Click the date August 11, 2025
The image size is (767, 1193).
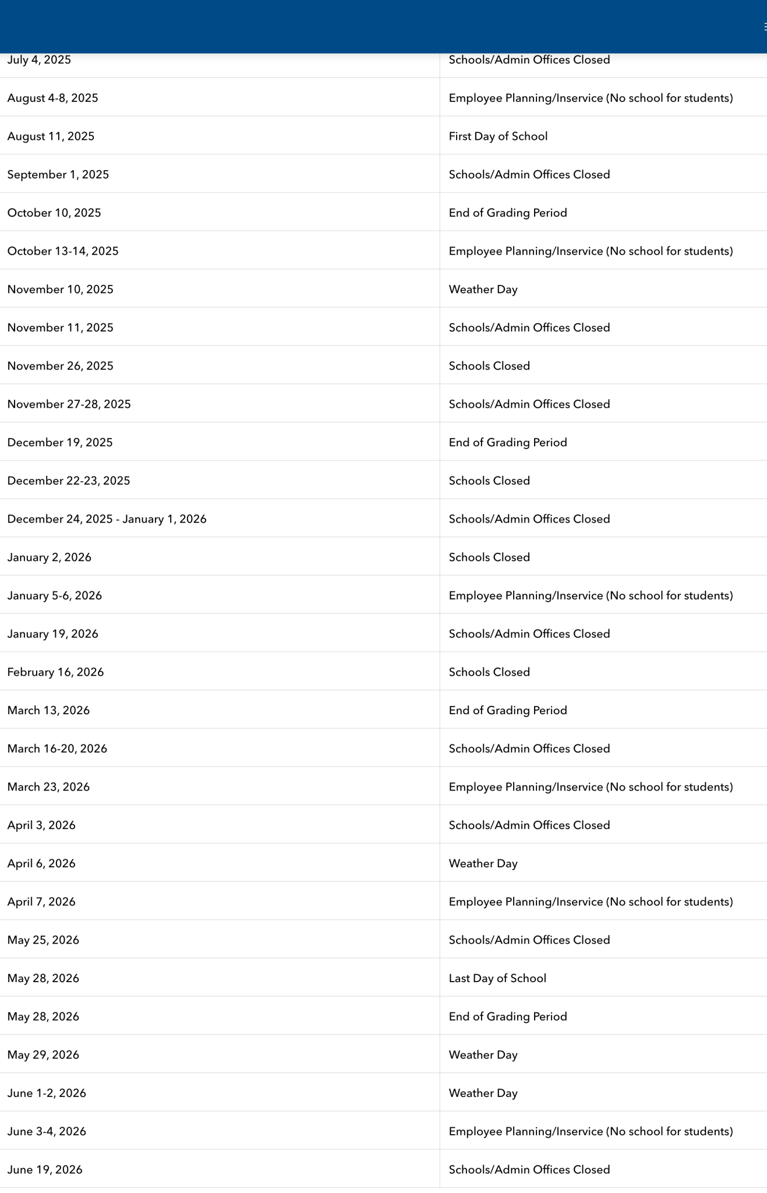pos(51,136)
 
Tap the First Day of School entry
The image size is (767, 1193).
pos(498,136)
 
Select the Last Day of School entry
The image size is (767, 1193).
pos(497,978)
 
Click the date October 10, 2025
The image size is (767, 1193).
pos(54,213)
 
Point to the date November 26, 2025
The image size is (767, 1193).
pos(61,366)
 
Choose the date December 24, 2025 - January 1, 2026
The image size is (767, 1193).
pos(107,519)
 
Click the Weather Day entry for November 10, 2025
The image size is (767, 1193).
pos(483,290)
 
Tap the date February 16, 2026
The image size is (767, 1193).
pos(55,672)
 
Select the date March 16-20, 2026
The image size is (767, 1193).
pos(57,749)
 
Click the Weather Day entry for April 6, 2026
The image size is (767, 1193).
pos(483,863)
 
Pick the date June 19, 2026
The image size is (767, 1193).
pos(45,1170)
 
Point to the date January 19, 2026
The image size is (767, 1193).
pos(53,634)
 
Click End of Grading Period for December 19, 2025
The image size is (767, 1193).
pos(508,443)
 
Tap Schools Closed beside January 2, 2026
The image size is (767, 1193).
pos(489,557)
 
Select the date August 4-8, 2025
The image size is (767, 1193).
pos(53,98)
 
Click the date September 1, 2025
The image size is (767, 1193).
pos(58,175)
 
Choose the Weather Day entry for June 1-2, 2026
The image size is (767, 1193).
pos(483,1093)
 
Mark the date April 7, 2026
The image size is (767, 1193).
pos(41,902)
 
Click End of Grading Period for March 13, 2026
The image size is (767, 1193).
pos(508,710)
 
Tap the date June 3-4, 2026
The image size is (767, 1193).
pos(47,1131)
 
